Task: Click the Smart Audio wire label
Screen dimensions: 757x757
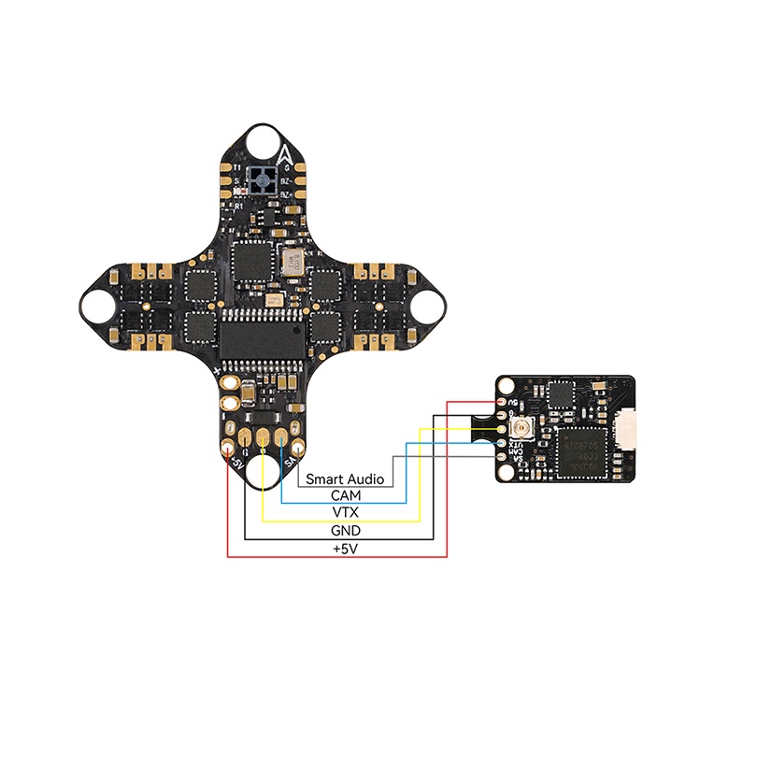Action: (x=345, y=478)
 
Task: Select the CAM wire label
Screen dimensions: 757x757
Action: (x=345, y=495)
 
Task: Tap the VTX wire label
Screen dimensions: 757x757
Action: (x=345, y=513)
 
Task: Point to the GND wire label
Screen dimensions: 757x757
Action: (x=345, y=531)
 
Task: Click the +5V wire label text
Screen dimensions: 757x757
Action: (x=345, y=550)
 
